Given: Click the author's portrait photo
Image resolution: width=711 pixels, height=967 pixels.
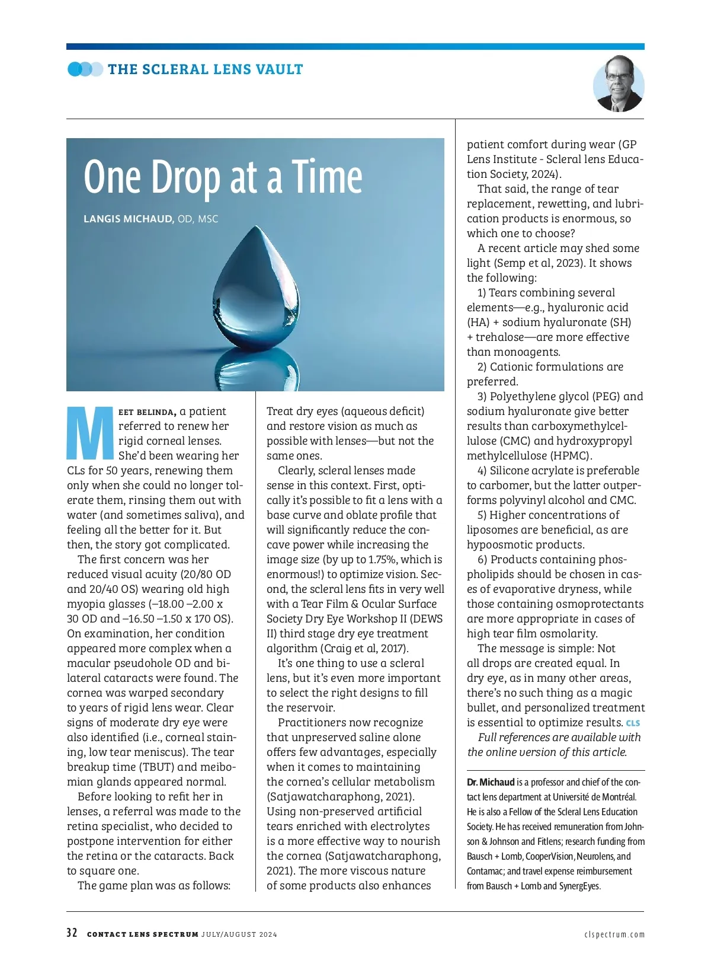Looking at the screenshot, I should [618, 84].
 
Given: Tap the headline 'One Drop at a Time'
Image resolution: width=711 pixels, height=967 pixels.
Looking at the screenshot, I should [223, 177].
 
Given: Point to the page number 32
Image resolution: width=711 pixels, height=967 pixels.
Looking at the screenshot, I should [72, 933].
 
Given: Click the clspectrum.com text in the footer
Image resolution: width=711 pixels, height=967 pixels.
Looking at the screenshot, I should [614, 934].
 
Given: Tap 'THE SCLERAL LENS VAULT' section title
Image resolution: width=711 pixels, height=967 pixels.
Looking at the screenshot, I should [205, 69].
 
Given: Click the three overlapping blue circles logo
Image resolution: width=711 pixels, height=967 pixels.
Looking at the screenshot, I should [85, 69].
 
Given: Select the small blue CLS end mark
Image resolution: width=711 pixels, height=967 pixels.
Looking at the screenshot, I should [633, 723].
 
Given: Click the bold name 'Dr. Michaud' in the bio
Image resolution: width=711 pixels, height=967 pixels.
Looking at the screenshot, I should [491, 782].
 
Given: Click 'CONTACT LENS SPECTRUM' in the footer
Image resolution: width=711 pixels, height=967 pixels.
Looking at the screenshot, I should [142, 934].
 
